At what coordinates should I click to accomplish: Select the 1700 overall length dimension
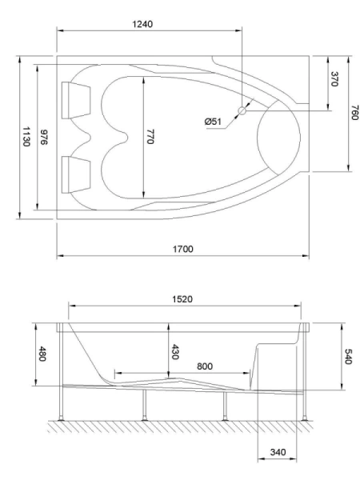pyautogui.click(x=183, y=249)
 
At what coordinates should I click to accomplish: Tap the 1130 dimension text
pyautogui.click(x=26, y=137)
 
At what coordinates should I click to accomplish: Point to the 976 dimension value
pyautogui.click(x=46, y=137)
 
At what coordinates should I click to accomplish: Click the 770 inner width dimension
pyautogui.click(x=150, y=137)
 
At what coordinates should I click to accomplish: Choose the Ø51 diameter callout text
pyautogui.click(x=214, y=121)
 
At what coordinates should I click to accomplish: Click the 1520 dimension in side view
pyautogui.click(x=184, y=298)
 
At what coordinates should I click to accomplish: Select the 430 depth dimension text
pyautogui.click(x=178, y=352)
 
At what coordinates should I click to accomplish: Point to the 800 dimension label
pyautogui.click(x=205, y=366)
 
